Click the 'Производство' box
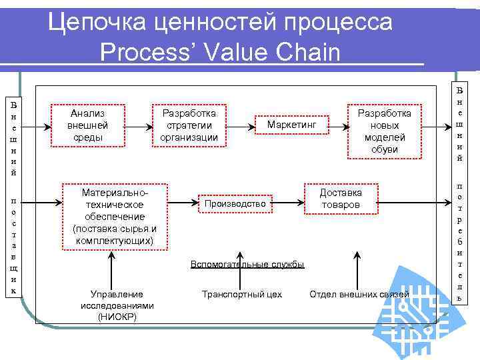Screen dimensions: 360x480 (x=235, y=203)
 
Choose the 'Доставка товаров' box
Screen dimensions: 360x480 (x=341, y=198)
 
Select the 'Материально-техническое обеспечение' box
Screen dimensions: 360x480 (x=115, y=216)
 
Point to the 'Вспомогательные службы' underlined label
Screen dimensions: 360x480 (x=247, y=265)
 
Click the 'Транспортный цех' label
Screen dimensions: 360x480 (x=242, y=294)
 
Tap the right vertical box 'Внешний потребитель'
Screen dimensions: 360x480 (x=459, y=193)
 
